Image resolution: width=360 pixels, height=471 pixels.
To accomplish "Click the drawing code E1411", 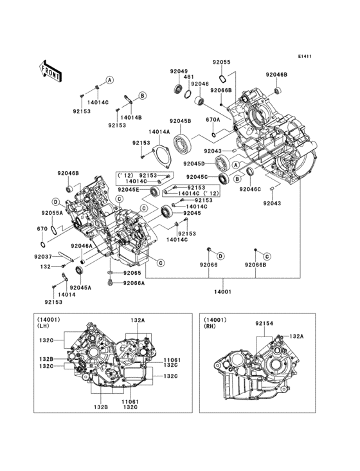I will (x=305, y=56).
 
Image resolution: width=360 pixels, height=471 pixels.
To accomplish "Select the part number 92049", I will (x=179, y=71).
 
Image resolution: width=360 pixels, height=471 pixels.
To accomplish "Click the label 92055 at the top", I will (x=221, y=62).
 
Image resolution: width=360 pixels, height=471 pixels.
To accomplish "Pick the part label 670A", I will (x=213, y=120).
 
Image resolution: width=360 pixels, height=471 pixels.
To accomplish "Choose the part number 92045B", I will (x=180, y=121).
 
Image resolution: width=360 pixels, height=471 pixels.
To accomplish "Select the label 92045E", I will (x=129, y=189).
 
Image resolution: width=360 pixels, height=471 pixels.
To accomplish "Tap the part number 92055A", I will (x=51, y=212).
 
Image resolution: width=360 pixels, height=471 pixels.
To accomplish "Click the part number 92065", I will (x=132, y=273).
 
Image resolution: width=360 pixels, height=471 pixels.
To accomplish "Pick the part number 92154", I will (x=264, y=324).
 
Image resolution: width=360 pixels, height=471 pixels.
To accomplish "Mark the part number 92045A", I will (x=80, y=288).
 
